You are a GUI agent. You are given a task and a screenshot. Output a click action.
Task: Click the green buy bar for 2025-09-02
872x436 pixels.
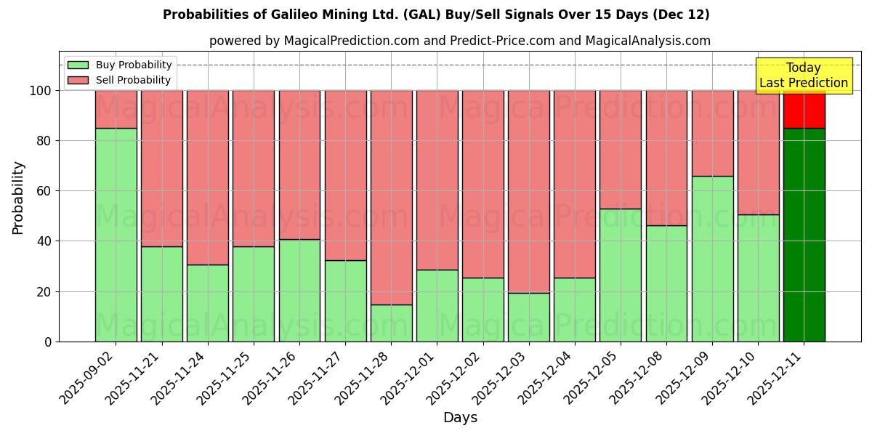tap(116, 235)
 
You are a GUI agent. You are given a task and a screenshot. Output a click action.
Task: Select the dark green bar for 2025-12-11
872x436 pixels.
tap(804, 235)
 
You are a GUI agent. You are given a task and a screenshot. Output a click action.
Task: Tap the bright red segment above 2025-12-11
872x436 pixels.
tap(804, 109)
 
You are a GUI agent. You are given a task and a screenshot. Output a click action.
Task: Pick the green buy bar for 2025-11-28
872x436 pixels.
tap(391, 323)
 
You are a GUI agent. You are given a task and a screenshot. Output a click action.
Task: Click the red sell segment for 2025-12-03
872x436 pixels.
tap(529, 191)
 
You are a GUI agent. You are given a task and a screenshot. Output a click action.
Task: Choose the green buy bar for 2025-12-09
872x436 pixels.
tap(712, 259)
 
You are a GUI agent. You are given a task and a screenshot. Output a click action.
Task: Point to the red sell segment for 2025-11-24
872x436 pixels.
tap(208, 177)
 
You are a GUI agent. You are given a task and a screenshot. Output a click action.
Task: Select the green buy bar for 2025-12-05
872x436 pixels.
tap(621, 275)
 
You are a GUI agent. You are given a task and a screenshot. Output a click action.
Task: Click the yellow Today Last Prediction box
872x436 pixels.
tap(804, 76)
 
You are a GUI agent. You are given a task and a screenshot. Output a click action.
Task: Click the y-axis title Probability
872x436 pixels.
tap(18, 197)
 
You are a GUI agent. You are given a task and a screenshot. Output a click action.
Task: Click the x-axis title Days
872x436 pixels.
tap(460, 418)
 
